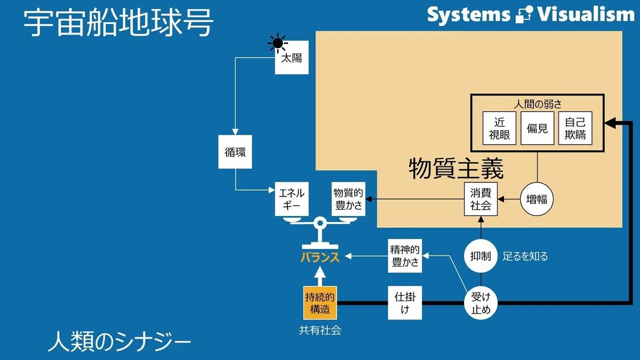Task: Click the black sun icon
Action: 277,43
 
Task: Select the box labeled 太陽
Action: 292,58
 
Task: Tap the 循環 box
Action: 235,151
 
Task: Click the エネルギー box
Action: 292,199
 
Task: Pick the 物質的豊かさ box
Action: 348,199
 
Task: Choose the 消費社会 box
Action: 481,199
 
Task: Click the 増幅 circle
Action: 537,199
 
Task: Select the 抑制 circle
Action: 481,255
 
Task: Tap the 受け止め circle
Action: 481,303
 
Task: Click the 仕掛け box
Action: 405,303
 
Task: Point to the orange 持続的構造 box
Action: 320,303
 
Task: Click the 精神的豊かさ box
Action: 405,255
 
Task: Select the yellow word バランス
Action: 320,257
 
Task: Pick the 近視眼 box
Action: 499,128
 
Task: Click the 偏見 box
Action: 537,128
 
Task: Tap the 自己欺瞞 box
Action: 575,128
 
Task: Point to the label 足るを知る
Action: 525,256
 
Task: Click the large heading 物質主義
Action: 456,169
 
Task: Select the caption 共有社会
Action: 320,330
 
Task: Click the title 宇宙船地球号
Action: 118,22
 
